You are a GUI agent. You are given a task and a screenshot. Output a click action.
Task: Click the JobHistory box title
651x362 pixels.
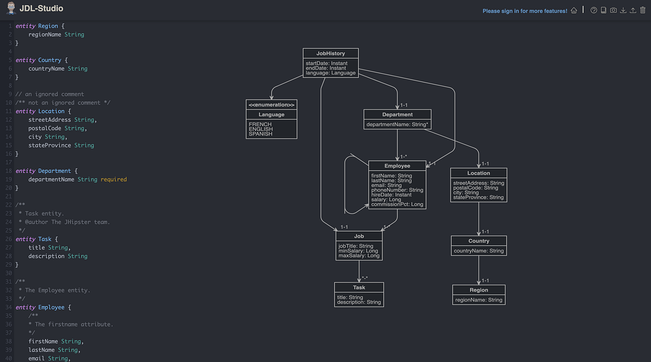tap(330, 53)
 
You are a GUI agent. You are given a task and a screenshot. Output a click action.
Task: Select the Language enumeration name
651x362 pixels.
tap(271, 115)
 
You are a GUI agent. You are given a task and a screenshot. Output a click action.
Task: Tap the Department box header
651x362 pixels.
tap(397, 114)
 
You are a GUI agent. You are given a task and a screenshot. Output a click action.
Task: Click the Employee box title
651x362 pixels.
tap(397, 166)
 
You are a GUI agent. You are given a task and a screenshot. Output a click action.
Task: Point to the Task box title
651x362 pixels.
tap(359, 287)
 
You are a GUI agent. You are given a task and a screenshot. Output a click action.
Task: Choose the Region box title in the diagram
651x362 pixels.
tap(478, 290)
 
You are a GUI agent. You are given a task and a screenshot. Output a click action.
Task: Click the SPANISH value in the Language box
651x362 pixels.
tap(260, 134)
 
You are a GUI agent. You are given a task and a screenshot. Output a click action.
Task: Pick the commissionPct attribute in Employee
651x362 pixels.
tap(397, 204)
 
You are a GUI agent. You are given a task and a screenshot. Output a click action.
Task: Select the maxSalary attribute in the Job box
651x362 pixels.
tap(359, 256)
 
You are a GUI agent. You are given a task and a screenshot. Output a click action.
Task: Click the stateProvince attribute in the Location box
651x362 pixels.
tap(478, 197)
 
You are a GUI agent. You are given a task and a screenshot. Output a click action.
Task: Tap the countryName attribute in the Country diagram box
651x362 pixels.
tap(478, 251)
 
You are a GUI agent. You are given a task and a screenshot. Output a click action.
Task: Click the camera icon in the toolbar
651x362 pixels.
tap(613, 10)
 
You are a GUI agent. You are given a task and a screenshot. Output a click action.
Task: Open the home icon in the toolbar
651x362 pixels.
tap(574, 10)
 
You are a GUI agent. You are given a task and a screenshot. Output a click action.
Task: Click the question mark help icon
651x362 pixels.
tap(593, 10)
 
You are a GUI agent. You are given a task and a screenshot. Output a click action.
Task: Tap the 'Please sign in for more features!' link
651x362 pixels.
tap(525, 11)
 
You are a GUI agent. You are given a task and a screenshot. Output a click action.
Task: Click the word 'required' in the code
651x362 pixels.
tap(113, 179)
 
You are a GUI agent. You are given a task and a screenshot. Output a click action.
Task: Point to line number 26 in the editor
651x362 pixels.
tap(8, 239)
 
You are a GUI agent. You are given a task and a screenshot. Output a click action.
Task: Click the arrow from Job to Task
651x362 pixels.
tap(359, 271)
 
